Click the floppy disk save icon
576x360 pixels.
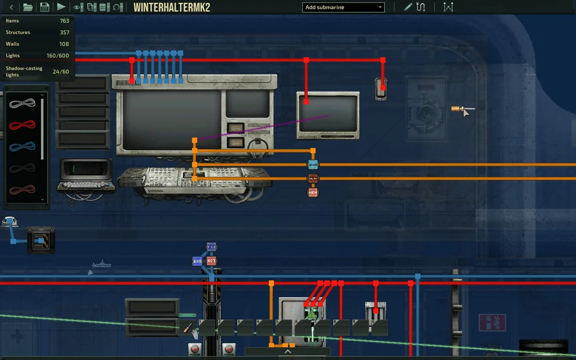44,7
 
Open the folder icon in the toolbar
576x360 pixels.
28,7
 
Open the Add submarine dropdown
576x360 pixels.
343,7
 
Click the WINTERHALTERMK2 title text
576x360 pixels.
172,7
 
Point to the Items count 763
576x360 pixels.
64,21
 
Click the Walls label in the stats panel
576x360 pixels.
12,44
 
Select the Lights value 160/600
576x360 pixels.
58,56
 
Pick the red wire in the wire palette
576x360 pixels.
22,125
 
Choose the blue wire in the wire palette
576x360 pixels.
22,146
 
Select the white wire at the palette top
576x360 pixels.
22,104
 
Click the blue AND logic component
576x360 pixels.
197,261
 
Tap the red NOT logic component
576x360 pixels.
212,261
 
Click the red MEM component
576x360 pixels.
313,193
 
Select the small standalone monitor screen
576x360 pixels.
328,115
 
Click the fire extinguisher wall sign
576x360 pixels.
492,322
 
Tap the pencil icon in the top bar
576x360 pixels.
408,7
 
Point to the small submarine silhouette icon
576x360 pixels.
102,264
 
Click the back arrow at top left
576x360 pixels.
11,7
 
